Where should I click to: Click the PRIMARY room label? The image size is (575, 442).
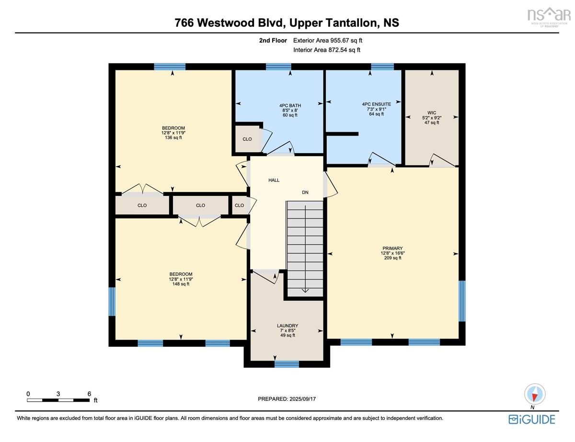tap(392, 248)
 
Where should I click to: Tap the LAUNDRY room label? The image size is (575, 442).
tap(287, 326)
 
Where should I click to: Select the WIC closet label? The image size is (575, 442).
tap(432, 113)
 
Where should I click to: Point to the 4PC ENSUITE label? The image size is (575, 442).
tap(376, 104)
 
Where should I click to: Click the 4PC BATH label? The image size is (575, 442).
tap(290, 105)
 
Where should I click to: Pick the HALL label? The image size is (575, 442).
tap(274, 180)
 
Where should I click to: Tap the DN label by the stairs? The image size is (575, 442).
tap(305, 192)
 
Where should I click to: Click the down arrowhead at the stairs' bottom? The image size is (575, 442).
tap(305, 291)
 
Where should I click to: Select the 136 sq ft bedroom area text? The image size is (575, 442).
tap(173, 137)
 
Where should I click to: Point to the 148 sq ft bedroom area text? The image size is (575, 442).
tap(181, 284)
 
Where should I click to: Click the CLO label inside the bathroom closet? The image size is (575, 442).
tap(247, 139)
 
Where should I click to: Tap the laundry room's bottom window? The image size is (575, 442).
tap(287, 364)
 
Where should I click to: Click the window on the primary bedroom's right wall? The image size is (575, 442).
tap(462, 301)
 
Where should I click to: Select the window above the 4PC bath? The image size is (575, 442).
tap(278, 67)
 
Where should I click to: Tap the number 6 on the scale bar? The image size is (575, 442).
tap(89, 394)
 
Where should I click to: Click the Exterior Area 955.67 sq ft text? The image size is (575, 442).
tap(328, 40)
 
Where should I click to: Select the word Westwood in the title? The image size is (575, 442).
tap(226, 23)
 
